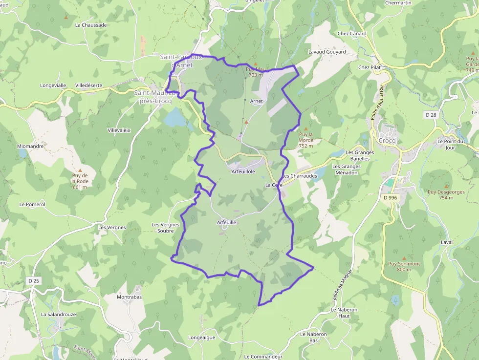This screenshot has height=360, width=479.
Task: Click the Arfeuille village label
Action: (x=226, y=222)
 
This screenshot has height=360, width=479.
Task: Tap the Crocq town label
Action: (x=387, y=140)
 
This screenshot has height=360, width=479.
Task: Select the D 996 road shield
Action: (x=389, y=197)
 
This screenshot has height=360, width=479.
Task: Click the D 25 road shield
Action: (x=33, y=281)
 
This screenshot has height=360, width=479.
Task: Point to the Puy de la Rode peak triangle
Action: (x=80, y=170)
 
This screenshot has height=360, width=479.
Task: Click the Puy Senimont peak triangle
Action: (x=404, y=258)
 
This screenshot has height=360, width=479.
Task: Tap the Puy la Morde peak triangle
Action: (x=306, y=128)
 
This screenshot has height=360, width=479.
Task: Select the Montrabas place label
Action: (x=129, y=297)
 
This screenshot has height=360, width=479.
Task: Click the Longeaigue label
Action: (x=201, y=338)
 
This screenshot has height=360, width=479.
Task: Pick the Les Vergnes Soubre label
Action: (x=166, y=228)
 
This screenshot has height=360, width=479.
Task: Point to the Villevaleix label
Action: (x=119, y=130)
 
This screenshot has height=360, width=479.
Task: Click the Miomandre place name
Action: (x=30, y=146)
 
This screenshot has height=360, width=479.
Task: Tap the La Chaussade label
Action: (x=91, y=25)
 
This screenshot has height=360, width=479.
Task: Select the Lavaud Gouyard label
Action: (x=327, y=52)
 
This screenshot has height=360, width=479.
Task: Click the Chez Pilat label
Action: (x=370, y=67)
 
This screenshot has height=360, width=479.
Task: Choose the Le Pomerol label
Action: (x=32, y=204)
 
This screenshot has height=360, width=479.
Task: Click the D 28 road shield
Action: (x=431, y=115)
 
